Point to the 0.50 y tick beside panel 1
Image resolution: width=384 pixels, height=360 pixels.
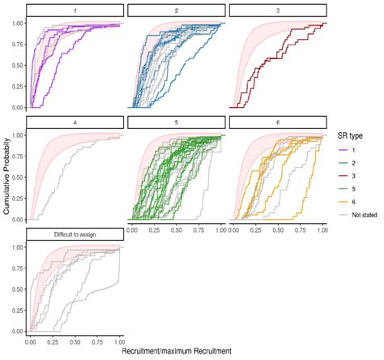click(x=16, y=65)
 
